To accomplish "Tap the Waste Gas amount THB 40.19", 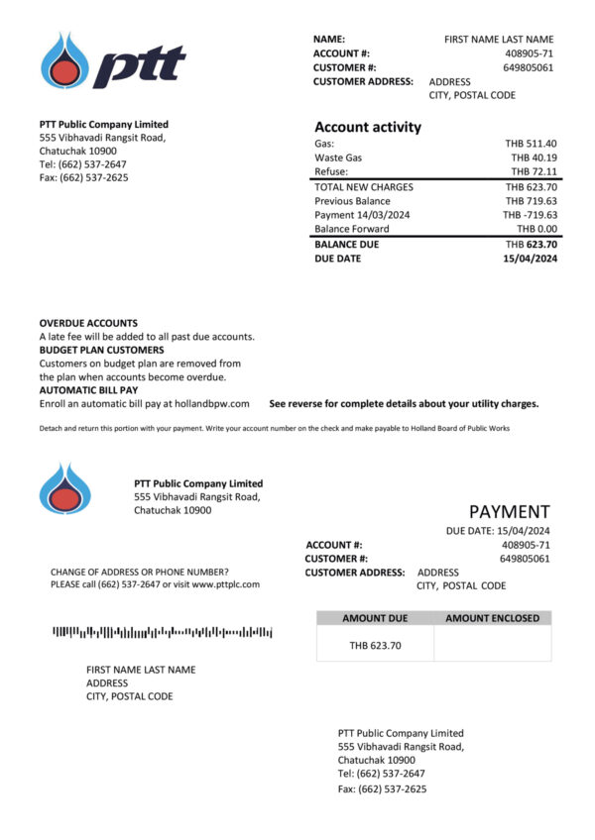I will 534,157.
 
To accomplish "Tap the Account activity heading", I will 368,127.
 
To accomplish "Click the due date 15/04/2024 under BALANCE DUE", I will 530,259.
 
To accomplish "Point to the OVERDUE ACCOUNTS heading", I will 88,323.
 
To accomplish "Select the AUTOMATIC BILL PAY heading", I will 88,390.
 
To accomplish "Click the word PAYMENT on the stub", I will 509,512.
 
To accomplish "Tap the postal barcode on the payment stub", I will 162,631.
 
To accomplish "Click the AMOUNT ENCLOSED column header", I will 493,618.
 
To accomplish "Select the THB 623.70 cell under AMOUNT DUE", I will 375,646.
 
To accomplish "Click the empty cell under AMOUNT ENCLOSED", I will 493,646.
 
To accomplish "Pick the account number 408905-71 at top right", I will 529,53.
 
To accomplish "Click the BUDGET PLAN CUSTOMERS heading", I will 101,350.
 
